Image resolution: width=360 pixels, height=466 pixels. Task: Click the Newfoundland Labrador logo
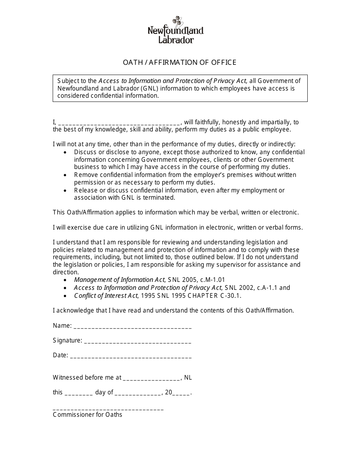click(175, 30)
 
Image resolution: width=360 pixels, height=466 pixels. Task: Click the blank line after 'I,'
click(120, 123)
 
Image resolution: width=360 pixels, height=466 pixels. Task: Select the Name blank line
click(132, 327)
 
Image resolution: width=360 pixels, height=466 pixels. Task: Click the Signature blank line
click(138, 341)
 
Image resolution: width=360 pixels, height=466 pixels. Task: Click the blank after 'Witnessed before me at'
click(152, 378)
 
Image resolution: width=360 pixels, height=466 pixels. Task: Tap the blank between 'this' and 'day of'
click(79, 393)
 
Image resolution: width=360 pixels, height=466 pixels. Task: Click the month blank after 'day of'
click(138, 393)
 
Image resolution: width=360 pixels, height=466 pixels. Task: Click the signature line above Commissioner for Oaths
click(108, 409)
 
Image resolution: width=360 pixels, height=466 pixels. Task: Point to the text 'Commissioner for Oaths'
click(88, 415)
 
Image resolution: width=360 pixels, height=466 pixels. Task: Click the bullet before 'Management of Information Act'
click(66, 280)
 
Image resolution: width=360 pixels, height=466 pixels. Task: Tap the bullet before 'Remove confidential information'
click(66, 175)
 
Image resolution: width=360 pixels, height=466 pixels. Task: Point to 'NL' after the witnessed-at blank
click(188, 377)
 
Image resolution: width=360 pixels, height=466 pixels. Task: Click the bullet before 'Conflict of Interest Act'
click(66, 296)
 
